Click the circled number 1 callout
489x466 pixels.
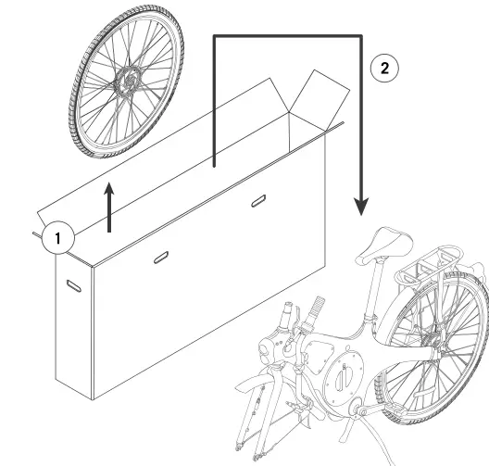[57, 238]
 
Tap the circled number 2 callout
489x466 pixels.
[385, 68]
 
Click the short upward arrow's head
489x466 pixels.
[109, 192]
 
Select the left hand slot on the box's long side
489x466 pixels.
[160, 257]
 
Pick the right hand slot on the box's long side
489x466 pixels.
[258, 201]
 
